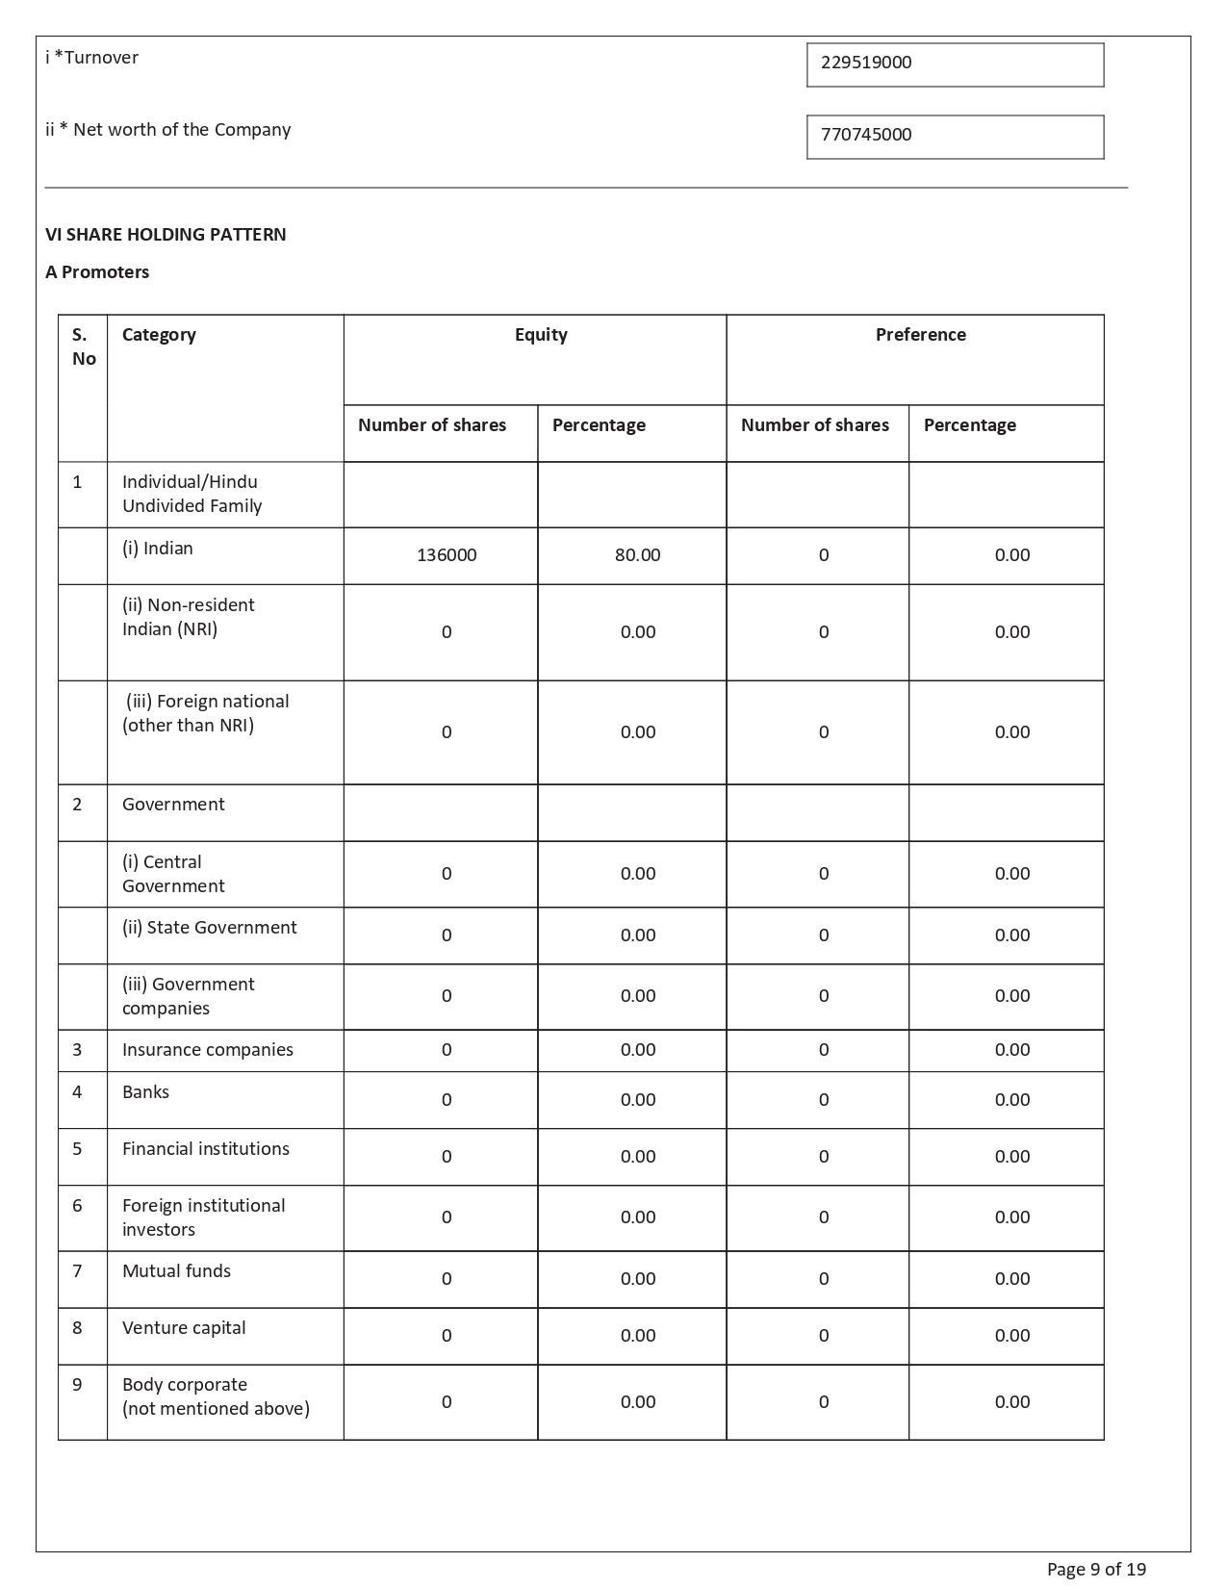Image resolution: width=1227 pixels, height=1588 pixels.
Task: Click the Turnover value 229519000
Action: coord(866,63)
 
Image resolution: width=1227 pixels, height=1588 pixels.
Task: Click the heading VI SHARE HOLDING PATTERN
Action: coord(166,235)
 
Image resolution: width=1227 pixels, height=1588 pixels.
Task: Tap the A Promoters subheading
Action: coord(97,272)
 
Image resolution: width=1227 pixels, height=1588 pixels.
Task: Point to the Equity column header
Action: coord(541,335)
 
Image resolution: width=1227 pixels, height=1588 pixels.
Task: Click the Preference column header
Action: coord(920,335)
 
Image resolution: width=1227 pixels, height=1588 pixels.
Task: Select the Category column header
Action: coord(159,335)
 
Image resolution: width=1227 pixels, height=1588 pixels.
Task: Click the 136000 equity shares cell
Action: coord(447,555)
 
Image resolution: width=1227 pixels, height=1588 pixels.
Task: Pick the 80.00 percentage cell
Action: coord(637,555)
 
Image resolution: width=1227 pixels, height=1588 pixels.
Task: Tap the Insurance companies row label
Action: coord(207,1050)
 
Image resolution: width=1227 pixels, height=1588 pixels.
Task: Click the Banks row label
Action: coord(145,1092)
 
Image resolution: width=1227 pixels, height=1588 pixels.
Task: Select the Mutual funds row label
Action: coord(176,1271)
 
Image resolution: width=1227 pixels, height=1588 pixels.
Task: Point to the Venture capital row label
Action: coord(184,1328)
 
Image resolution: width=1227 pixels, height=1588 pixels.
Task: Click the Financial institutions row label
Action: coord(205,1149)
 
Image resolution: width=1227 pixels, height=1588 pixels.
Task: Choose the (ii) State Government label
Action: coord(209,928)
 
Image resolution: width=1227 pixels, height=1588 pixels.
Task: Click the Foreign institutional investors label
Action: coord(203,1217)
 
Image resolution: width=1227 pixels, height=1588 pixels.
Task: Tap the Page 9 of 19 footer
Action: coord(1096,1570)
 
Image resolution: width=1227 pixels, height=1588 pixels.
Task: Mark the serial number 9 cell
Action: coord(77,1385)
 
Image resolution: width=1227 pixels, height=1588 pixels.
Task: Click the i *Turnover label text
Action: coord(91,58)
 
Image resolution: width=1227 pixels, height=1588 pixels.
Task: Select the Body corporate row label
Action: coord(216,1396)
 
